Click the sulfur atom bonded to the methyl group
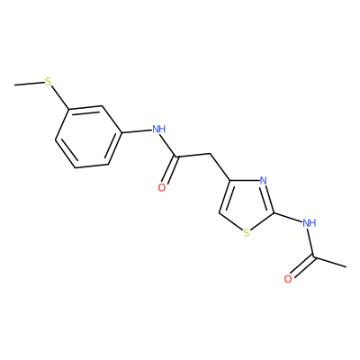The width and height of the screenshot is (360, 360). point(48,81)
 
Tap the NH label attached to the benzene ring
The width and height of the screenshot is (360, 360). point(158,130)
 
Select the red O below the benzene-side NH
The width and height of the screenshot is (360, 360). point(162,188)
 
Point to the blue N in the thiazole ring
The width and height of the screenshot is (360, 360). point(263,181)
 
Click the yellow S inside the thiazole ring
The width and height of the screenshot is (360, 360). point(247,233)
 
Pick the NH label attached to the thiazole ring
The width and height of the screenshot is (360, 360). point(310,223)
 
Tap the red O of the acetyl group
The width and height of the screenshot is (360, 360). point(288,279)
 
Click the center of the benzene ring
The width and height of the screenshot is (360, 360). point(88,137)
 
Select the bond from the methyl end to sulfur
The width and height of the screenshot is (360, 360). point(30,84)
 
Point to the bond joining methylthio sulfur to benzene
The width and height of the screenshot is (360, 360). point(60,97)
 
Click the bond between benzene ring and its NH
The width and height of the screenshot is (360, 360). point(137,131)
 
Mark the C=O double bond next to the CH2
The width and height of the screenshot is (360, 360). point(170,170)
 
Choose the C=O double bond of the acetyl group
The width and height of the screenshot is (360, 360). point(302,266)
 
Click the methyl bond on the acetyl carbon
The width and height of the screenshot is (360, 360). point(329,262)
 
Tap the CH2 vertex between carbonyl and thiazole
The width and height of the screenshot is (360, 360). point(211,154)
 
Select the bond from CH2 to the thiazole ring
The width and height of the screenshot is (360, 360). point(220,167)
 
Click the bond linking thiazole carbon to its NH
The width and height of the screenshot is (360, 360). point(288,218)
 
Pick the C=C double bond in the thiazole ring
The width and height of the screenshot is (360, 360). point(225,196)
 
